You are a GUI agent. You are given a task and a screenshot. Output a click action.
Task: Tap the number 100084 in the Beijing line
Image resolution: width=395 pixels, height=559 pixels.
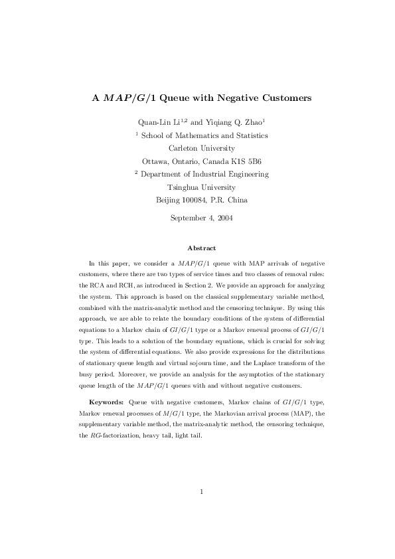click(x=197, y=200)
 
